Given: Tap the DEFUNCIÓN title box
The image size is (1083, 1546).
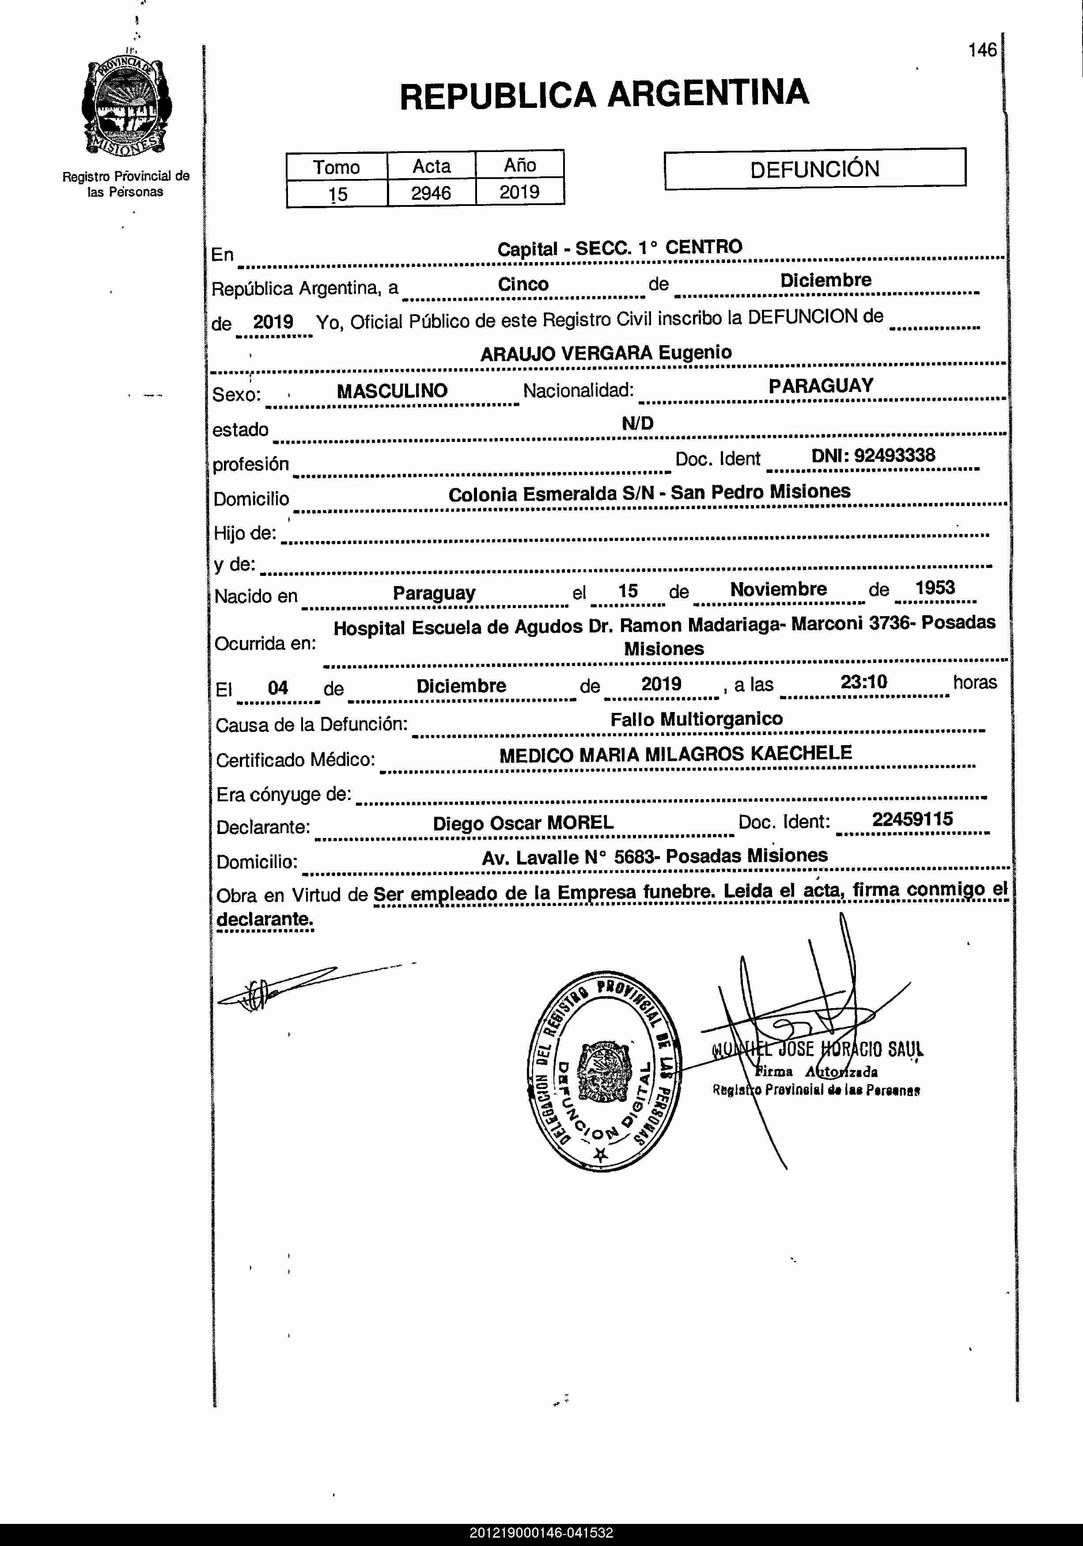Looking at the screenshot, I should point(814,168).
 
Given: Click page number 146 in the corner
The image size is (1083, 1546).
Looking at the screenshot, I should point(982,50).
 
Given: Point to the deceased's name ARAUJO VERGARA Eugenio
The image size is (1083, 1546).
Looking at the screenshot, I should point(606,353).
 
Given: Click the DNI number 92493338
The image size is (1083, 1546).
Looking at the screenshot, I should point(873,456).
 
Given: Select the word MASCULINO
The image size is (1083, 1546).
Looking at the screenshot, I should point(392,391).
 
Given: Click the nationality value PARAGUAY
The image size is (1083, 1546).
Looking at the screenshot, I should point(821,386).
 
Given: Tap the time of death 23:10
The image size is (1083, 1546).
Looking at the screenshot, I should point(863,682).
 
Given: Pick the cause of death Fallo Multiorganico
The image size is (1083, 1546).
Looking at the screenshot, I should point(697,719).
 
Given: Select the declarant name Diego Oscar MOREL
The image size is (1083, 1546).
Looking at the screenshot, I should point(523,823).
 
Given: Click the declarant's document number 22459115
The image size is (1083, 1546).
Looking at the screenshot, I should point(912,819).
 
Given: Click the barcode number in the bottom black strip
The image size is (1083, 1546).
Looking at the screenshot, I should point(541,1533).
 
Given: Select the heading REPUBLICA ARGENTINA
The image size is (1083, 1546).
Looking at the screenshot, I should point(604,94).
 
